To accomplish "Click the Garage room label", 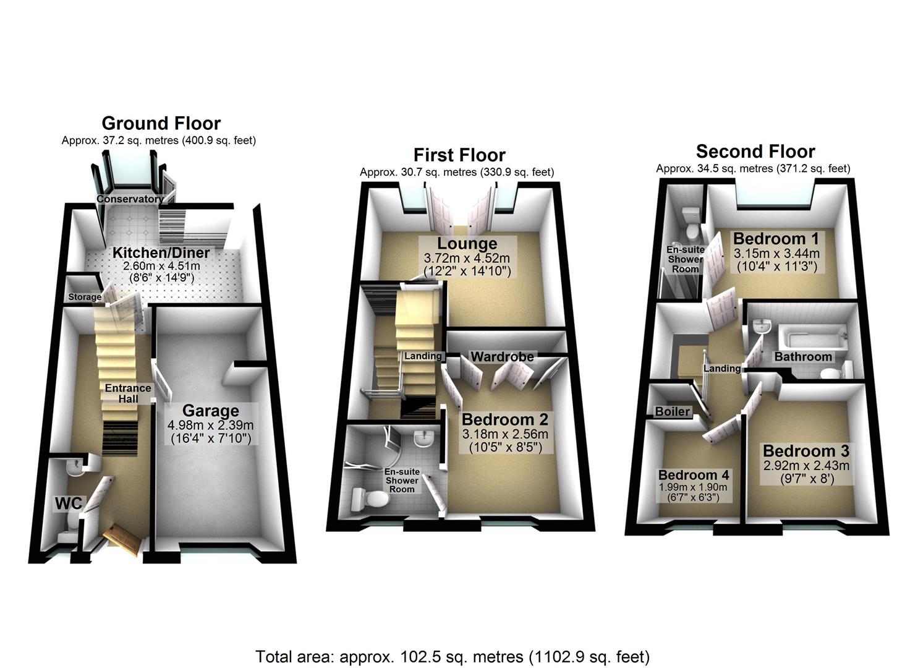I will point(210,411).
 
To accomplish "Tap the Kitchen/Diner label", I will point(161,252).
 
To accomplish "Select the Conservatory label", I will point(130,199).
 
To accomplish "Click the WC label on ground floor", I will point(68,503).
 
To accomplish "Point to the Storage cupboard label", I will point(85,297).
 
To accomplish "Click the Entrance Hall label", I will point(128,393).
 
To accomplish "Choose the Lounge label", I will point(467,244).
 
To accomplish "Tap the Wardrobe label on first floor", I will point(502,356).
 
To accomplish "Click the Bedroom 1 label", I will point(776,239).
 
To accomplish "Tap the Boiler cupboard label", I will point(672,411).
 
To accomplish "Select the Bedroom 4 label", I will point(694,475).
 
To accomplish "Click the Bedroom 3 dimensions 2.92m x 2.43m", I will point(806,466).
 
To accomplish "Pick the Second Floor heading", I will point(755,152).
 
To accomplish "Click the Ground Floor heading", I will point(161,123).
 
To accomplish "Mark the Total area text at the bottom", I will point(453,656).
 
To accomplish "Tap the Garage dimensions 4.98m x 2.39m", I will point(210,426).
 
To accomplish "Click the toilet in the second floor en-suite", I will point(690,224).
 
